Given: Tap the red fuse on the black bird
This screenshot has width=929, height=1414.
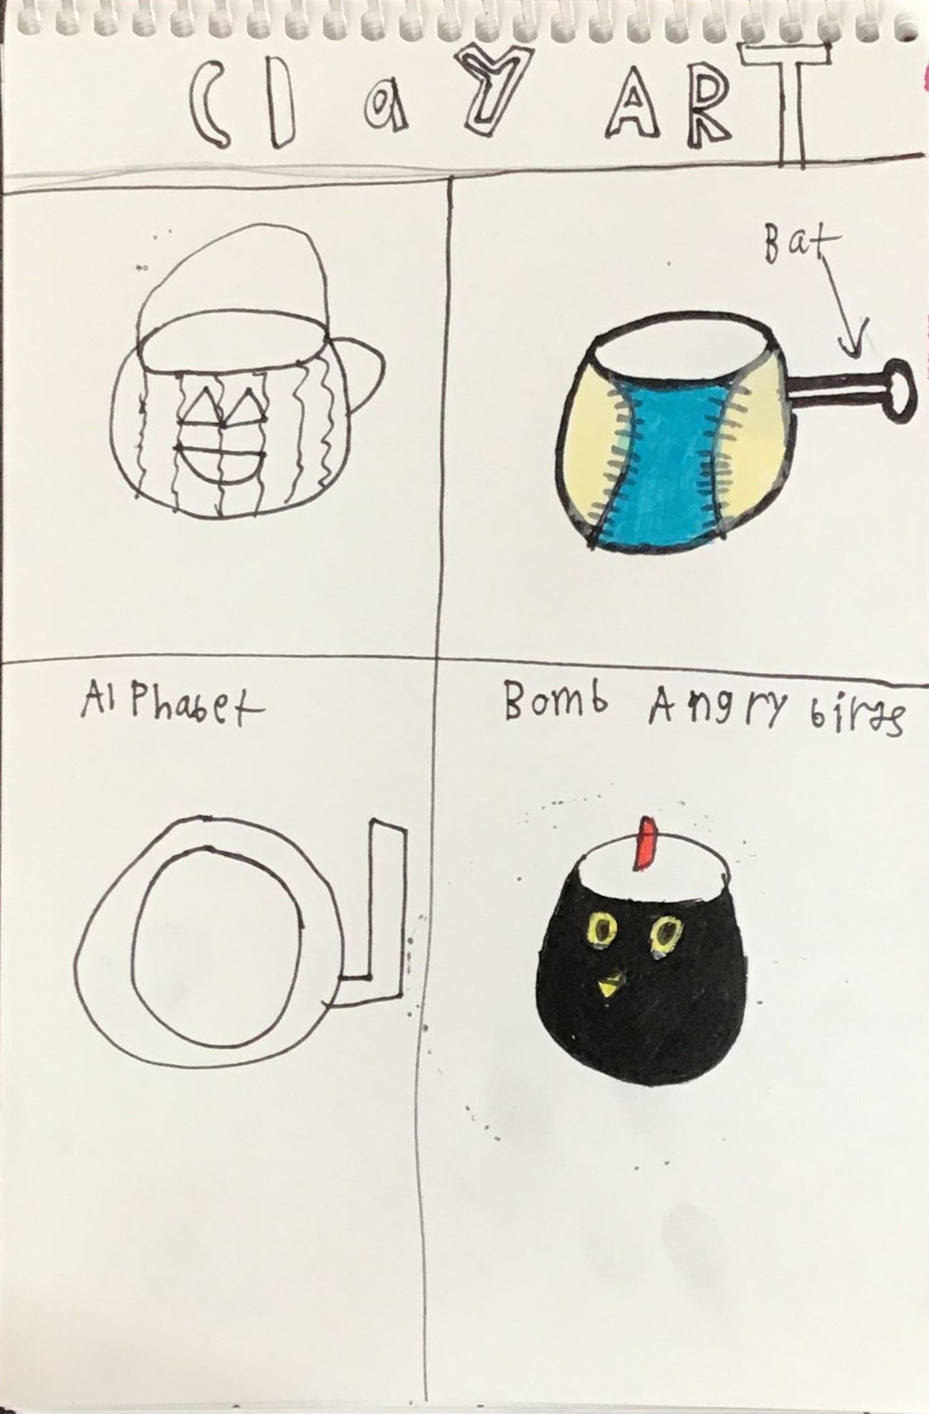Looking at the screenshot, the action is click(x=646, y=844).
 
